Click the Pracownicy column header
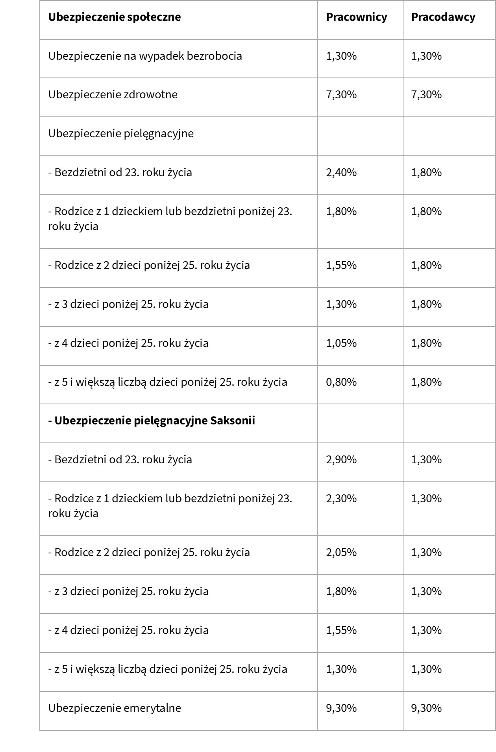pyautogui.click(x=356, y=17)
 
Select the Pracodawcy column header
pyautogui.click(x=443, y=17)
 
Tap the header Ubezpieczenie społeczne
pyautogui.click(x=115, y=17)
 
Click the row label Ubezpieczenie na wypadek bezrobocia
pyautogui.click(x=145, y=56)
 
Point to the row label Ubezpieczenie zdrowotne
pyautogui.click(x=113, y=94)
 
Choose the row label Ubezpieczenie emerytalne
pyautogui.click(x=115, y=708)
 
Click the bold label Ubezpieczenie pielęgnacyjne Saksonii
pyautogui.click(x=152, y=420)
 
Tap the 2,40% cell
pyautogui.click(x=341, y=172)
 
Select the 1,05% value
pyautogui.click(x=341, y=343)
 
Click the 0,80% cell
pyautogui.click(x=341, y=382)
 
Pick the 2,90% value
pyautogui.click(x=341, y=459)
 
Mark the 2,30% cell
pyautogui.click(x=341, y=498)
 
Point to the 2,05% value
pyautogui.click(x=341, y=552)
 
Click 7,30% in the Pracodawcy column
pyautogui.click(x=426, y=94)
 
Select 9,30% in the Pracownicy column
pyautogui.click(x=341, y=708)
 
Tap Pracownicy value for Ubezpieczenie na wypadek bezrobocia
pyautogui.click(x=341, y=56)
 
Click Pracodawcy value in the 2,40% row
pyautogui.click(x=426, y=172)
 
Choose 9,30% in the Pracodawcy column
pyautogui.click(x=426, y=708)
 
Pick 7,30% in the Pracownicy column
pyautogui.click(x=341, y=94)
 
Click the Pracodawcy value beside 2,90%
pyautogui.click(x=426, y=459)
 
